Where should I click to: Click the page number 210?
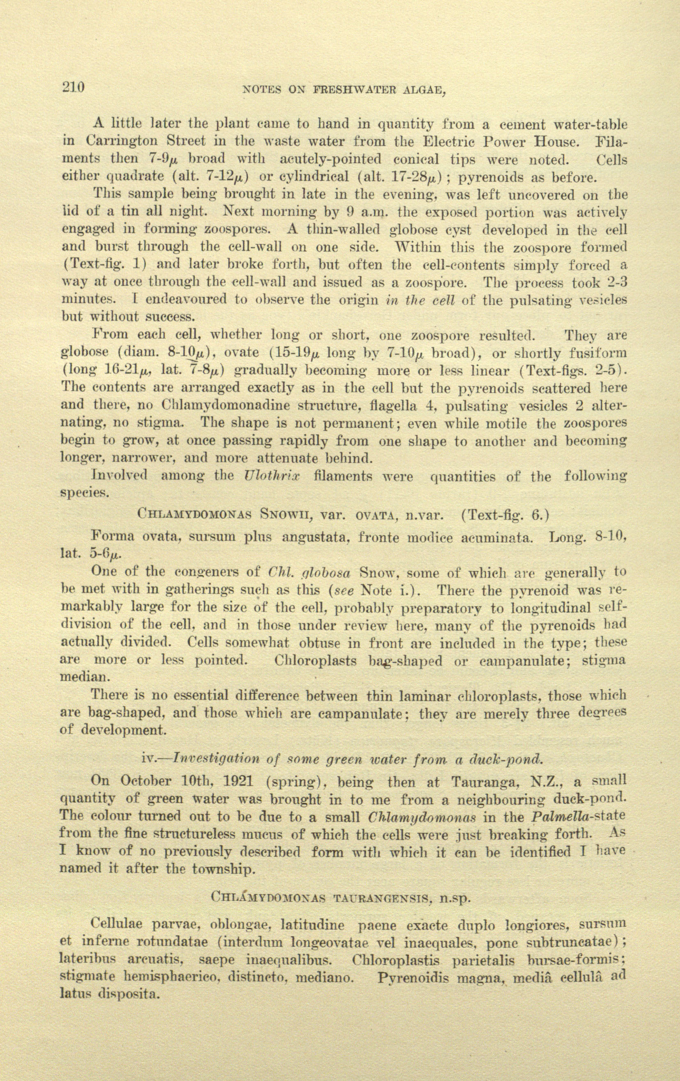(x=73, y=87)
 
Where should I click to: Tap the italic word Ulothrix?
(x=272, y=476)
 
